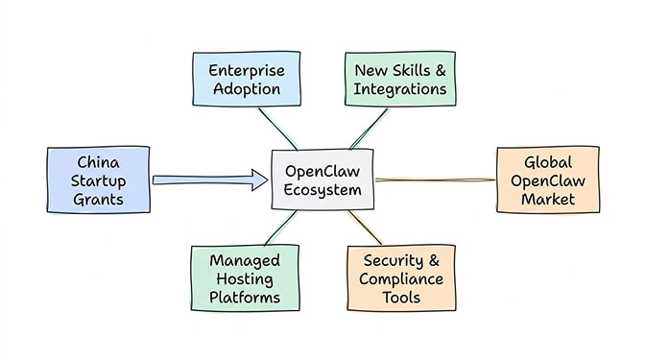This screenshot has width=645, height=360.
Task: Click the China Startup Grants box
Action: click(x=98, y=180)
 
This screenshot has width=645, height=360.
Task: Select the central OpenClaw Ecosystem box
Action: click(x=322, y=180)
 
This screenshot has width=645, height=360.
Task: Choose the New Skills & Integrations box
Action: click(x=400, y=80)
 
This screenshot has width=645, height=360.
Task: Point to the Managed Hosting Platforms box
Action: click(x=245, y=278)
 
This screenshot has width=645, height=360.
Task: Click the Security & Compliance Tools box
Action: click(x=401, y=278)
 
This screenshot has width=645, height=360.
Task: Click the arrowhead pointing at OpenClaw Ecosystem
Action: click(x=256, y=179)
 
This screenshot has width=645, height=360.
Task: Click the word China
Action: click(x=98, y=160)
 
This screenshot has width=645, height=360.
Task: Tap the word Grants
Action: click(x=98, y=199)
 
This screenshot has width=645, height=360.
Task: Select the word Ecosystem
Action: click(x=322, y=190)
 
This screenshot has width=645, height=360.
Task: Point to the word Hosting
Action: click(x=245, y=278)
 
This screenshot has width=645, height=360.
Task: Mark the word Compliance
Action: click(x=401, y=278)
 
